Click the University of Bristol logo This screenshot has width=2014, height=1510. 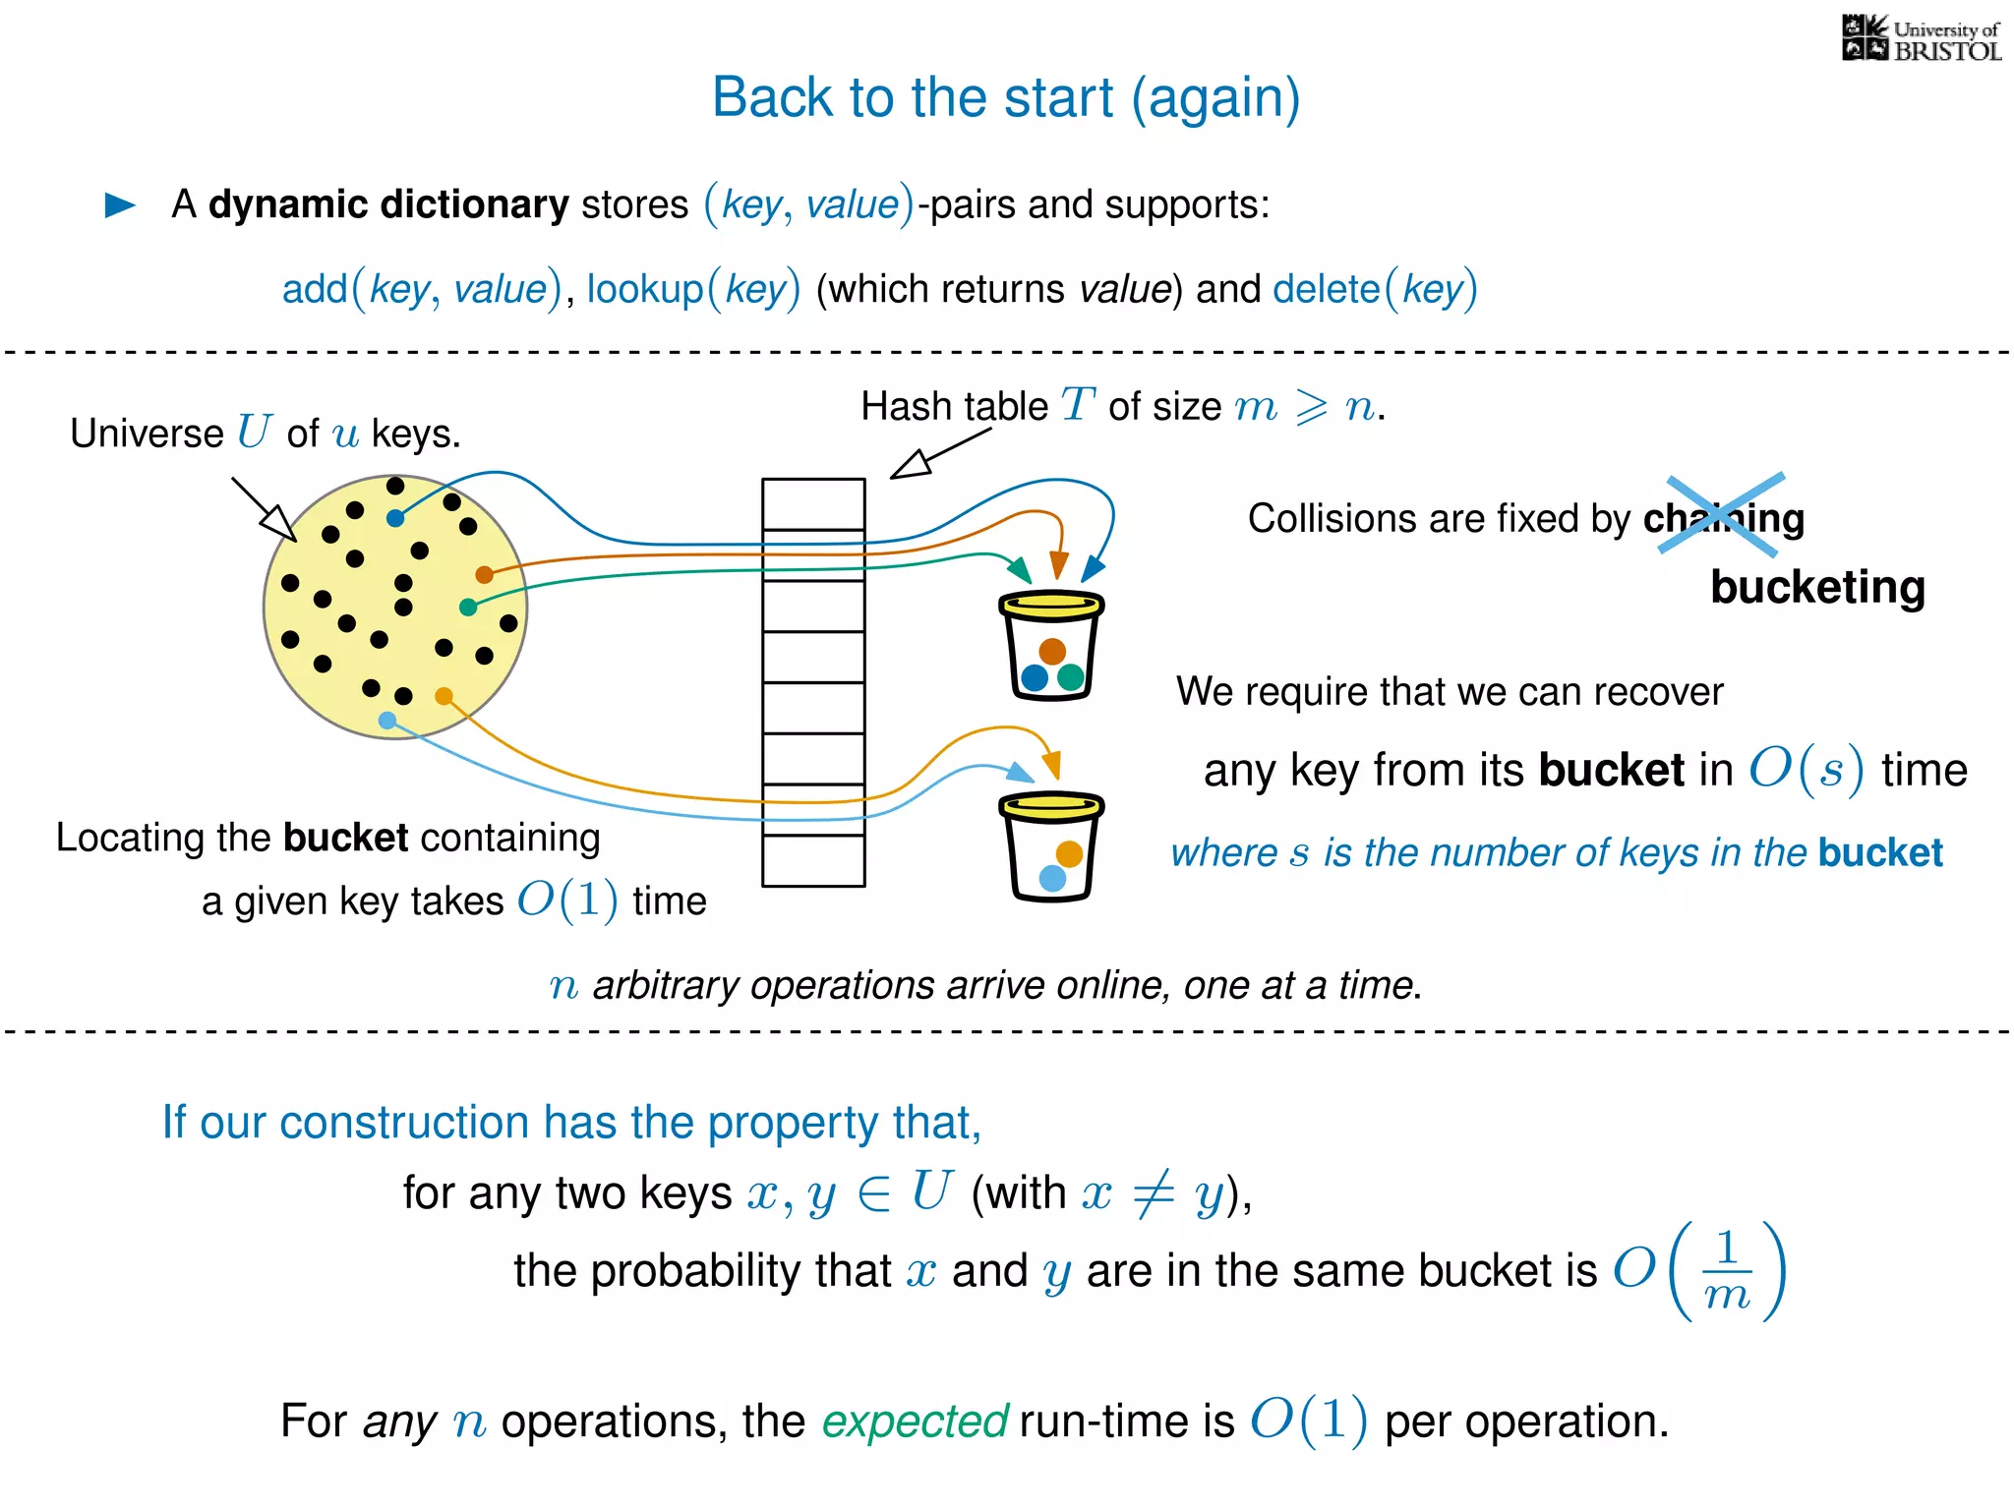point(1921,39)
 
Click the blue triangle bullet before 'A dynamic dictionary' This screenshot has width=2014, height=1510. point(120,204)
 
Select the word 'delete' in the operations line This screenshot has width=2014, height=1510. point(1326,290)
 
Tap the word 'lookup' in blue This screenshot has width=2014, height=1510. point(645,290)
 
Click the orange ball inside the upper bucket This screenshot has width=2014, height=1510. point(1052,651)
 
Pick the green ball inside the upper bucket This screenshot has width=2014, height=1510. point(1071,676)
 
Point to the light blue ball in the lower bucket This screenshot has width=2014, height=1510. point(1052,878)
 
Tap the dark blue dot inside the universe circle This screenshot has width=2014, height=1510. point(395,518)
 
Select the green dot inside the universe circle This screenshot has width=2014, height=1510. point(468,608)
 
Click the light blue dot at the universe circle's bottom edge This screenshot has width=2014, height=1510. point(387,721)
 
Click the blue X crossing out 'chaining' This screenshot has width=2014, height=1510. point(1723,513)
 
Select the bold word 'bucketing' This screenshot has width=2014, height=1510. point(1817,587)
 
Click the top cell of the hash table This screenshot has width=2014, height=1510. point(813,503)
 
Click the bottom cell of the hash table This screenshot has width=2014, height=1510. point(813,860)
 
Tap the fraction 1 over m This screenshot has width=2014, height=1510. point(1727,1271)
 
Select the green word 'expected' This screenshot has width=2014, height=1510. point(915,1422)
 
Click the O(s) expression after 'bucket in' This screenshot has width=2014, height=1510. point(1806,769)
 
